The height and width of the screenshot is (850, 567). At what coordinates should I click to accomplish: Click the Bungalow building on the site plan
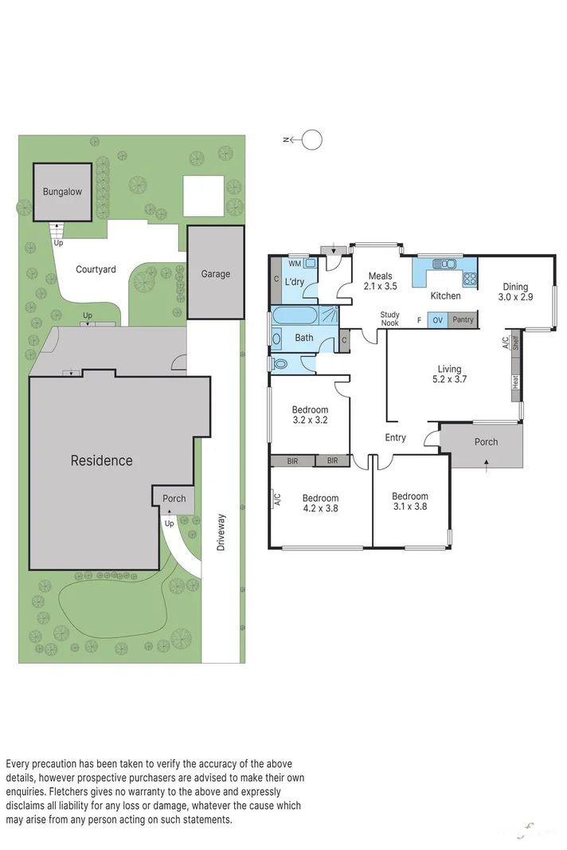pos(62,192)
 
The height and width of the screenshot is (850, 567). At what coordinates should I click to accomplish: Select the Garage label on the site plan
pos(215,274)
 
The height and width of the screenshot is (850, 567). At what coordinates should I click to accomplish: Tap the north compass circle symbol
pos(313,140)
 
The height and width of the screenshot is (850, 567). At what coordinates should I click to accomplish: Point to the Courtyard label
pos(96,269)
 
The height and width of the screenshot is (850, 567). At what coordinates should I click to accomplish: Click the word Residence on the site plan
pos(101,460)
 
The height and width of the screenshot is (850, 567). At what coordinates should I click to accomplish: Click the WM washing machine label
pos(295,264)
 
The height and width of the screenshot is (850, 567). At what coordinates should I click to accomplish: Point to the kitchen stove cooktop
pos(470,279)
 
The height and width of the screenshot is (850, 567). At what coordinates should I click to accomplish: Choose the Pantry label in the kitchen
pos(462,320)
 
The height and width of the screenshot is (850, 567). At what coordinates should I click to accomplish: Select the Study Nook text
pos(389,319)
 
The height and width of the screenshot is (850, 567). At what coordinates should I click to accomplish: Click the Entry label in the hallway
pos(395,437)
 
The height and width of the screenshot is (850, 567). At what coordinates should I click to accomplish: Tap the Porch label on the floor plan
pos(486,442)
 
